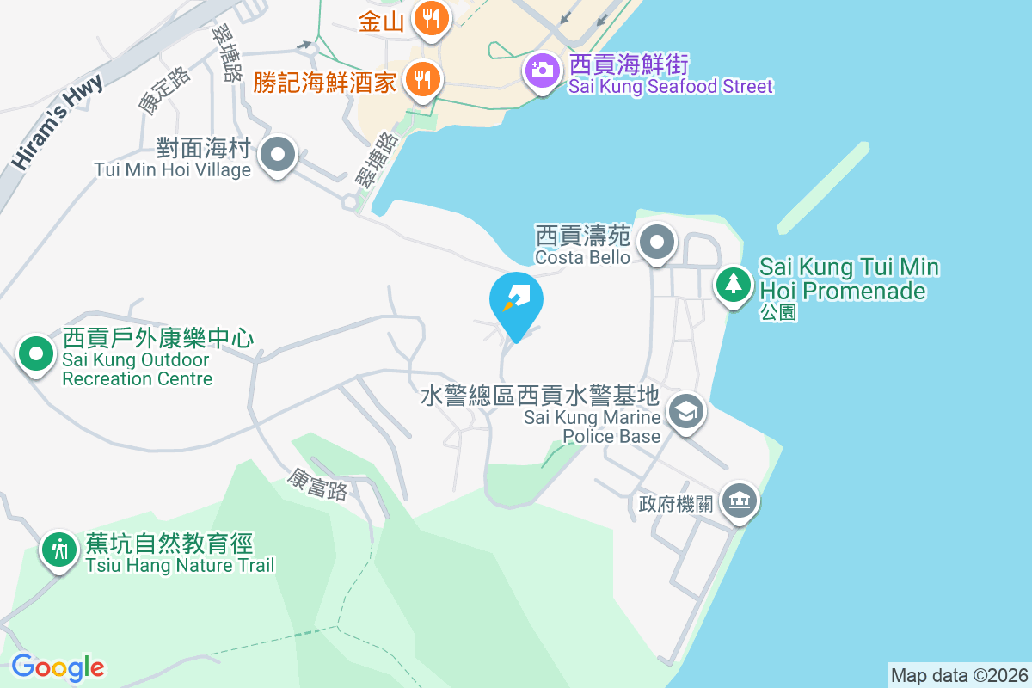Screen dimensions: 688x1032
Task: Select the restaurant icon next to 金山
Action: point(429,17)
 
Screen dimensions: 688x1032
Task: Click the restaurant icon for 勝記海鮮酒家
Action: point(421,79)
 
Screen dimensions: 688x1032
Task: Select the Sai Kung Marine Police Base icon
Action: point(686,412)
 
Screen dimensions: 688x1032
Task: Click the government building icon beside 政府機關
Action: point(740,500)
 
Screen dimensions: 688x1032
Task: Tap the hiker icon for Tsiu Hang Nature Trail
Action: point(59,547)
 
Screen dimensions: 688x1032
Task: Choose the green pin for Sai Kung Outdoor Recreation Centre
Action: point(35,353)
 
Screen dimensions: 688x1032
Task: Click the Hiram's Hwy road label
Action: point(57,121)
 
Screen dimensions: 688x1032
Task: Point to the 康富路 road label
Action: point(317,484)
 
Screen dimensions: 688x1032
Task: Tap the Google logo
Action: point(58,667)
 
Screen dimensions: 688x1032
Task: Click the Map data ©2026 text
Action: point(959,675)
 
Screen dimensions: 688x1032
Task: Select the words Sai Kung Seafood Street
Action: point(670,86)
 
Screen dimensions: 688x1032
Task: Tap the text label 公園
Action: point(778,311)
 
